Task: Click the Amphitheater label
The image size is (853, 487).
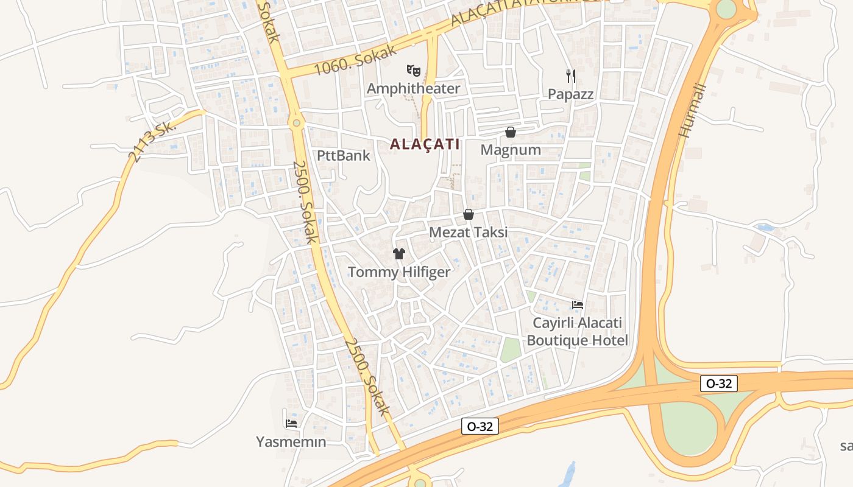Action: (x=413, y=88)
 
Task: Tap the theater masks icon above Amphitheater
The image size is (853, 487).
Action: (x=414, y=70)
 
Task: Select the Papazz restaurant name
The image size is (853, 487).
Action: (x=570, y=94)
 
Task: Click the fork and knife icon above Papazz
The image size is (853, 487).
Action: (x=571, y=76)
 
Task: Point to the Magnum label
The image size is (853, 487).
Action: (x=511, y=150)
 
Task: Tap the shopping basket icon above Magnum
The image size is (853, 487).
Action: (x=511, y=132)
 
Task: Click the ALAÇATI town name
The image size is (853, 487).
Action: (x=424, y=144)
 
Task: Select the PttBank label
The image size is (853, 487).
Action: (x=344, y=155)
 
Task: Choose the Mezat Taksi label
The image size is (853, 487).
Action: (x=468, y=233)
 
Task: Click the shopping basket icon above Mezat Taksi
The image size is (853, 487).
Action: (x=469, y=214)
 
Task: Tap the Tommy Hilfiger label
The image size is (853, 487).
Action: (x=399, y=272)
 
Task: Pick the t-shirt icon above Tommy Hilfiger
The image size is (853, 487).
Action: (x=399, y=254)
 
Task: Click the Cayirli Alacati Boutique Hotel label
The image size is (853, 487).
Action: (x=577, y=331)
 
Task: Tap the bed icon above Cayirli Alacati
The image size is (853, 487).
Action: (x=578, y=304)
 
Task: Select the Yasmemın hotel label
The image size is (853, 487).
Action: (x=291, y=442)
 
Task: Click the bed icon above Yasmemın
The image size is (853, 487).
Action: (x=291, y=423)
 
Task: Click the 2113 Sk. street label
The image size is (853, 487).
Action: (x=152, y=141)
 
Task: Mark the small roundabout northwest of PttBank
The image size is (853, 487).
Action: (x=297, y=123)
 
